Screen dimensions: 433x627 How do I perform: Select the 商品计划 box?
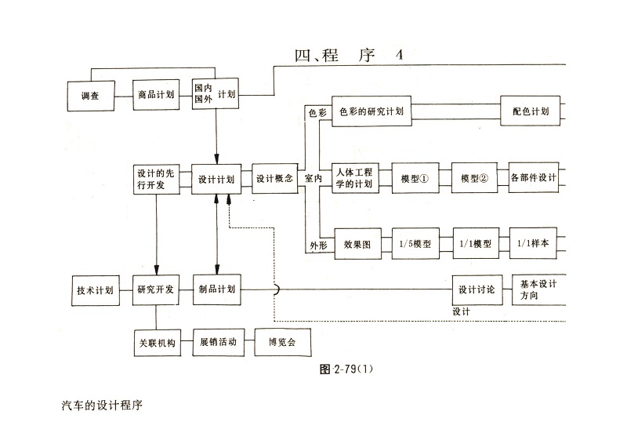coord(155,96)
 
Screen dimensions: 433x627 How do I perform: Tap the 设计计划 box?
coord(216,179)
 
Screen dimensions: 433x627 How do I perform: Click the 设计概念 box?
coord(275,179)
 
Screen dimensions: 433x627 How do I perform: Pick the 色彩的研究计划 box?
coord(371,111)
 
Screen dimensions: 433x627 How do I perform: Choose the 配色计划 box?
coord(530,111)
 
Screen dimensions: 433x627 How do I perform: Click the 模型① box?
coord(415,178)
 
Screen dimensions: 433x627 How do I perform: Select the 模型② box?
coord(474,178)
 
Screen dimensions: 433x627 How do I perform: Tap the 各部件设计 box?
coord(533,178)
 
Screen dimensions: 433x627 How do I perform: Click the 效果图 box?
coord(357,244)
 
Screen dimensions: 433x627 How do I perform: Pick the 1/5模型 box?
coord(415,244)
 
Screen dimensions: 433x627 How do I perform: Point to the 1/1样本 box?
coord(533,244)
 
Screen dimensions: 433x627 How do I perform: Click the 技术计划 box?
coord(94,289)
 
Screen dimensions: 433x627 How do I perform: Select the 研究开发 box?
coord(155,289)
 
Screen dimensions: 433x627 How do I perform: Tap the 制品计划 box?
coord(216,289)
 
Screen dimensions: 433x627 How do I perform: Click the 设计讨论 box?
coord(476,289)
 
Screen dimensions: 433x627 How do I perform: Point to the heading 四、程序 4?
coord(348,56)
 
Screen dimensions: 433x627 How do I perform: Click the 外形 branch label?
coord(317,246)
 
